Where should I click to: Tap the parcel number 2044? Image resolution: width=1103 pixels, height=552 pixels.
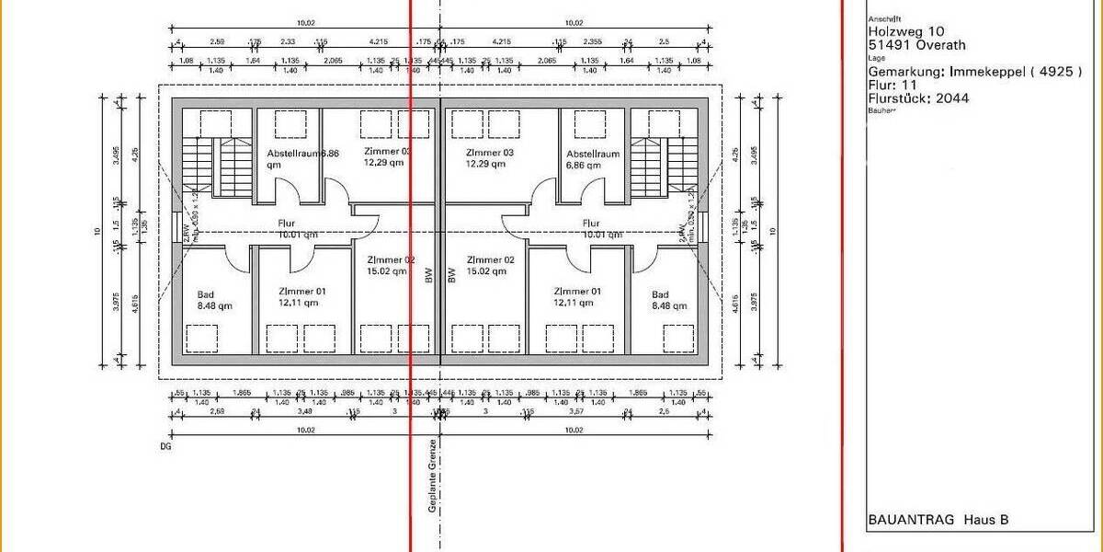(x=953, y=98)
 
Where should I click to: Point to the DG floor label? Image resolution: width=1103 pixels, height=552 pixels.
(x=165, y=446)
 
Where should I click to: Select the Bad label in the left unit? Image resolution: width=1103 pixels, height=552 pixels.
(x=205, y=295)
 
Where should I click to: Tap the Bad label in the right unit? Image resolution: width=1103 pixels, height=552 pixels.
(x=661, y=295)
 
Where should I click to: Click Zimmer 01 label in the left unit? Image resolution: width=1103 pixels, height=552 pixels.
(x=301, y=291)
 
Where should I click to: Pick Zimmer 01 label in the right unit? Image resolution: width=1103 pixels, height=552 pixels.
(x=576, y=291)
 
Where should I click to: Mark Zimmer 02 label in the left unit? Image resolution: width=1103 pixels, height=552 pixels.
(x=390, y=260)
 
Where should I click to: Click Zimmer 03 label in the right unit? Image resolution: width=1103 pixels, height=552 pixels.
(x=489, y=153)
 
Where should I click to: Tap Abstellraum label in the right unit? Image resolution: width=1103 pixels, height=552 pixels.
(x=592, y=154)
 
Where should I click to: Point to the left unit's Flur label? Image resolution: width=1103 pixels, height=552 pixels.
(x=288, y=223)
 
